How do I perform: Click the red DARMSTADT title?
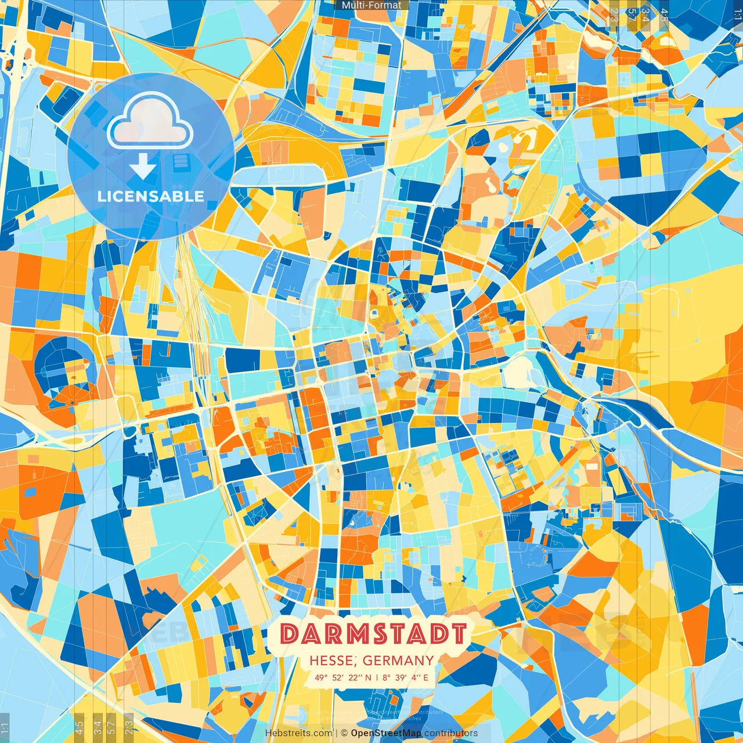(x=373, y=634)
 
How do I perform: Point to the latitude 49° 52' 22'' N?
(x=343, y=677)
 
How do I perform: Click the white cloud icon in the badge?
(x=150, y=122)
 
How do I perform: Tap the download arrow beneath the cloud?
(x=143, y=167)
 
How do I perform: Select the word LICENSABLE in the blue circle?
(x=151, y=196)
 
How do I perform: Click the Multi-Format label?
(x=371, y=5)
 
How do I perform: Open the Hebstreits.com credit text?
(x=298, y=733)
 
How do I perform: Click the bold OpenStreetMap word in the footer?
(x=386, y=733)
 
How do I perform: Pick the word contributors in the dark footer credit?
(x=451, y=733)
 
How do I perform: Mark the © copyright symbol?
(x=344, y=733)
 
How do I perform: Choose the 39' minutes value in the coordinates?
(x=400, y=677)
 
